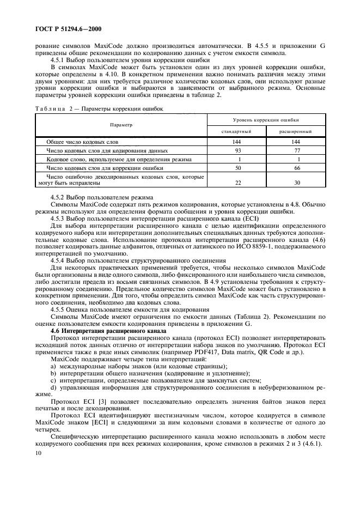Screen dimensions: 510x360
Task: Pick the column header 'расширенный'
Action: [296, 131]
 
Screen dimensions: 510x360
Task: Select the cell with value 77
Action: [296, 150]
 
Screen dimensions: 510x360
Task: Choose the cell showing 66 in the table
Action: [296, 168]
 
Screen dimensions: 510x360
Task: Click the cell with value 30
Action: [296, 183]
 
